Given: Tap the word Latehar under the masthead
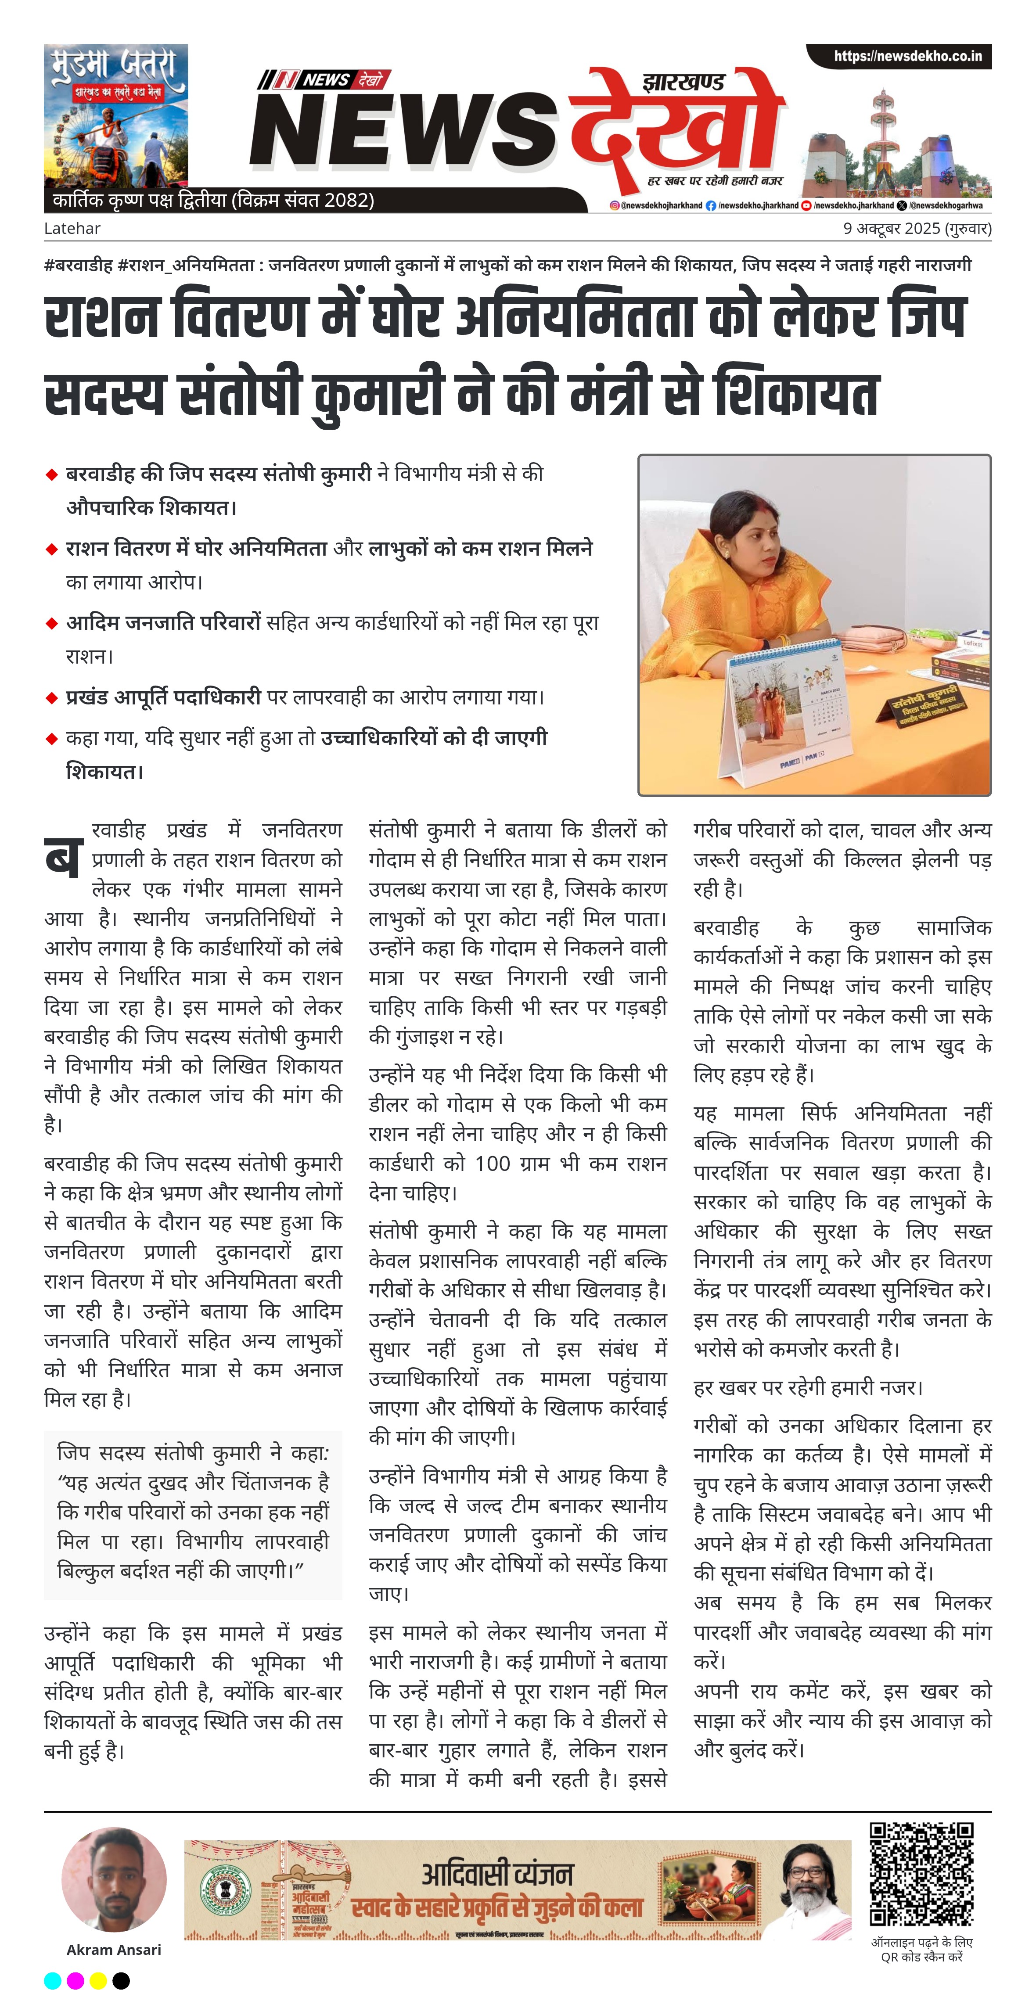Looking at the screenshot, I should coord(72,229).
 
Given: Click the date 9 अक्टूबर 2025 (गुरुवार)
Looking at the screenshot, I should coord(917,229).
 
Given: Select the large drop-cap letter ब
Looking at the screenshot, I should coord(63,857).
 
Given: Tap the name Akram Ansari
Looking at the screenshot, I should coord(114,1950).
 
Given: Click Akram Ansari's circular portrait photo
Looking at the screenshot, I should coord(114,1879).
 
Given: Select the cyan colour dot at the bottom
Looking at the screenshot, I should coord(53,1980).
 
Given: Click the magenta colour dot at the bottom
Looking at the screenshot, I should coord(76,1980).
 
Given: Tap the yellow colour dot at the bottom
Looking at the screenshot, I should coord(98,1980).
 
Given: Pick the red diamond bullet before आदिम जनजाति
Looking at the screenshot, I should coord(52,623).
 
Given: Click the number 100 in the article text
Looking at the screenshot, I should coord(492,1164).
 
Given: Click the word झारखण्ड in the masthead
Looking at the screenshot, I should coord(683,83).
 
